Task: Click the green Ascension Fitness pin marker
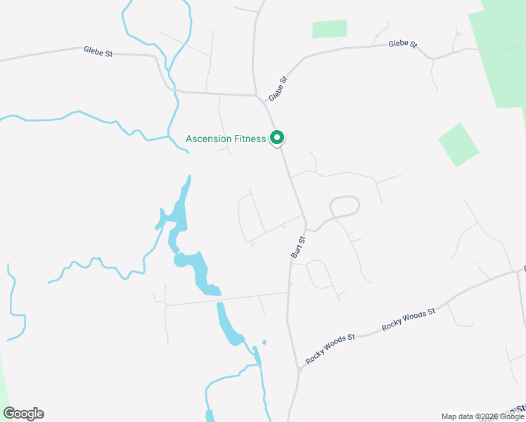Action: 278,137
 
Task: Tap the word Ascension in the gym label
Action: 208,139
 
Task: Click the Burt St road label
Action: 298,248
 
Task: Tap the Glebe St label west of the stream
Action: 98,51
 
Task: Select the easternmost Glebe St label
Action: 403,44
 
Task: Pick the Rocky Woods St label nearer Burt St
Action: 330,348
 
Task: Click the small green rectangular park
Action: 329,29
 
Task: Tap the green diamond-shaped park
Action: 458,145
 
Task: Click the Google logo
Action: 23,414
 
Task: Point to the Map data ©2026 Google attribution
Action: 482,416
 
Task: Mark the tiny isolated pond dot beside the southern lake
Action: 264,343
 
